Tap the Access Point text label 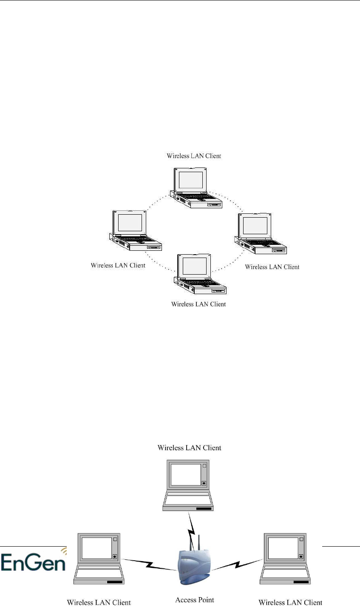point(195,600)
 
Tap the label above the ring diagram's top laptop point(194,156)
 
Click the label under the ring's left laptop point(118,265)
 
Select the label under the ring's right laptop point(272,267)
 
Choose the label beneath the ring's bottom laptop point(198,304)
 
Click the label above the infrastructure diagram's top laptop point(190,448)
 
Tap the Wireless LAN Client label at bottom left point(99,602)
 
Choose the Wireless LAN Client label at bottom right point(290,602)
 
